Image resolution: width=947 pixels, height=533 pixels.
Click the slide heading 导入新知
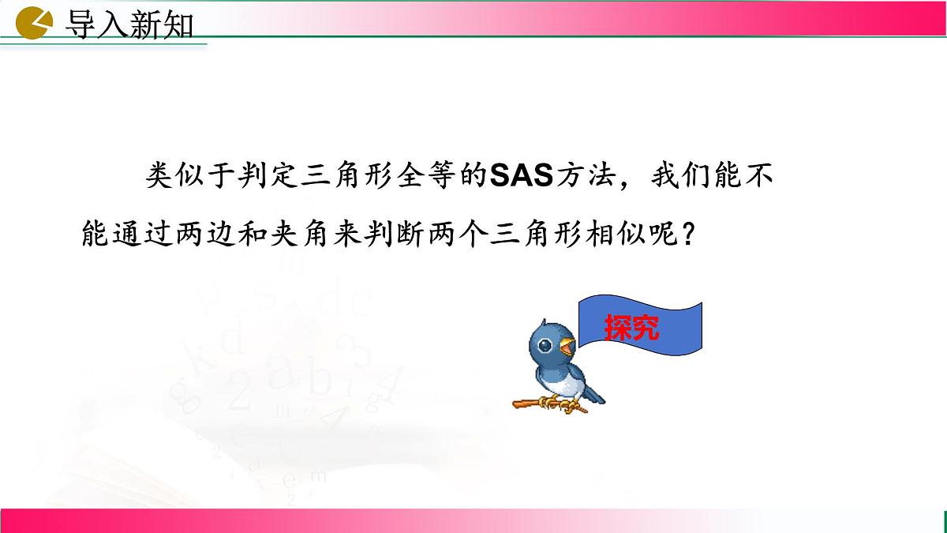[x=127, y=25]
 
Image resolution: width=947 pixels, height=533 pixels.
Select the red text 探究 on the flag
[x=631, y=327]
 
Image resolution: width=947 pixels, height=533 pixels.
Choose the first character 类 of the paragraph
[x=159, y=176]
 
